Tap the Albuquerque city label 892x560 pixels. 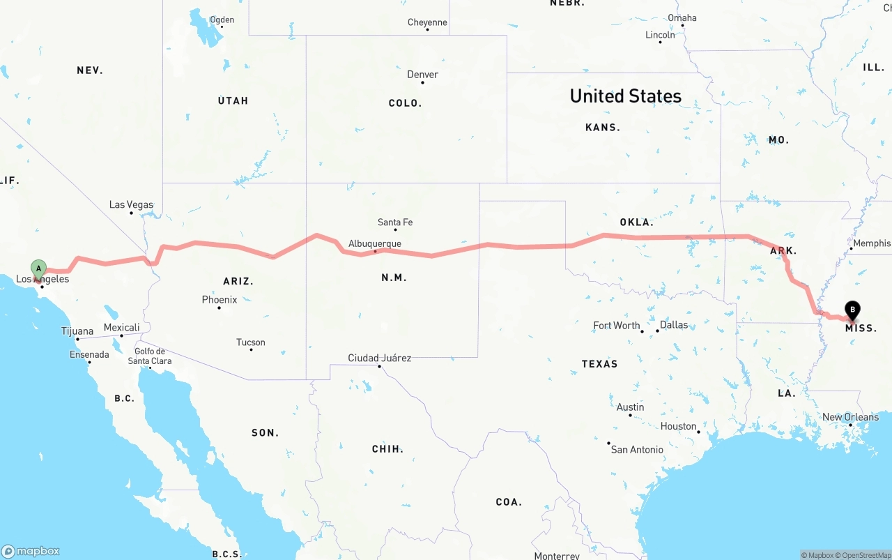[375, 243]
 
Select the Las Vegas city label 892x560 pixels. [131, 205]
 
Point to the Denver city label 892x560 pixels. [422, 75]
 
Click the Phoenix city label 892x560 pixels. [220, 300]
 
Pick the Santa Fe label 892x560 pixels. [395, 222]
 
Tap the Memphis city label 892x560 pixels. [872, 243]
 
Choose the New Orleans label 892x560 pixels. [850, 417]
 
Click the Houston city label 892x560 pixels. [679, 426]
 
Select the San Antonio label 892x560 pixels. [637, 450]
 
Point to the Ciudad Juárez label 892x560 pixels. [380, 358]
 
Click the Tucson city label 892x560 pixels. [251, 342]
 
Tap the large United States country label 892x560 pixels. [626, 96]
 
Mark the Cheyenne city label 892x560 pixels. [427, 22]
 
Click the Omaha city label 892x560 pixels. [682, 18]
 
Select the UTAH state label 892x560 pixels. [233, 100]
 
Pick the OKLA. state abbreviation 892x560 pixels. [636, 222]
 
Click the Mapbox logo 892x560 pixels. [31, 551]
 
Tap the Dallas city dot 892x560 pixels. [657, 331]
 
